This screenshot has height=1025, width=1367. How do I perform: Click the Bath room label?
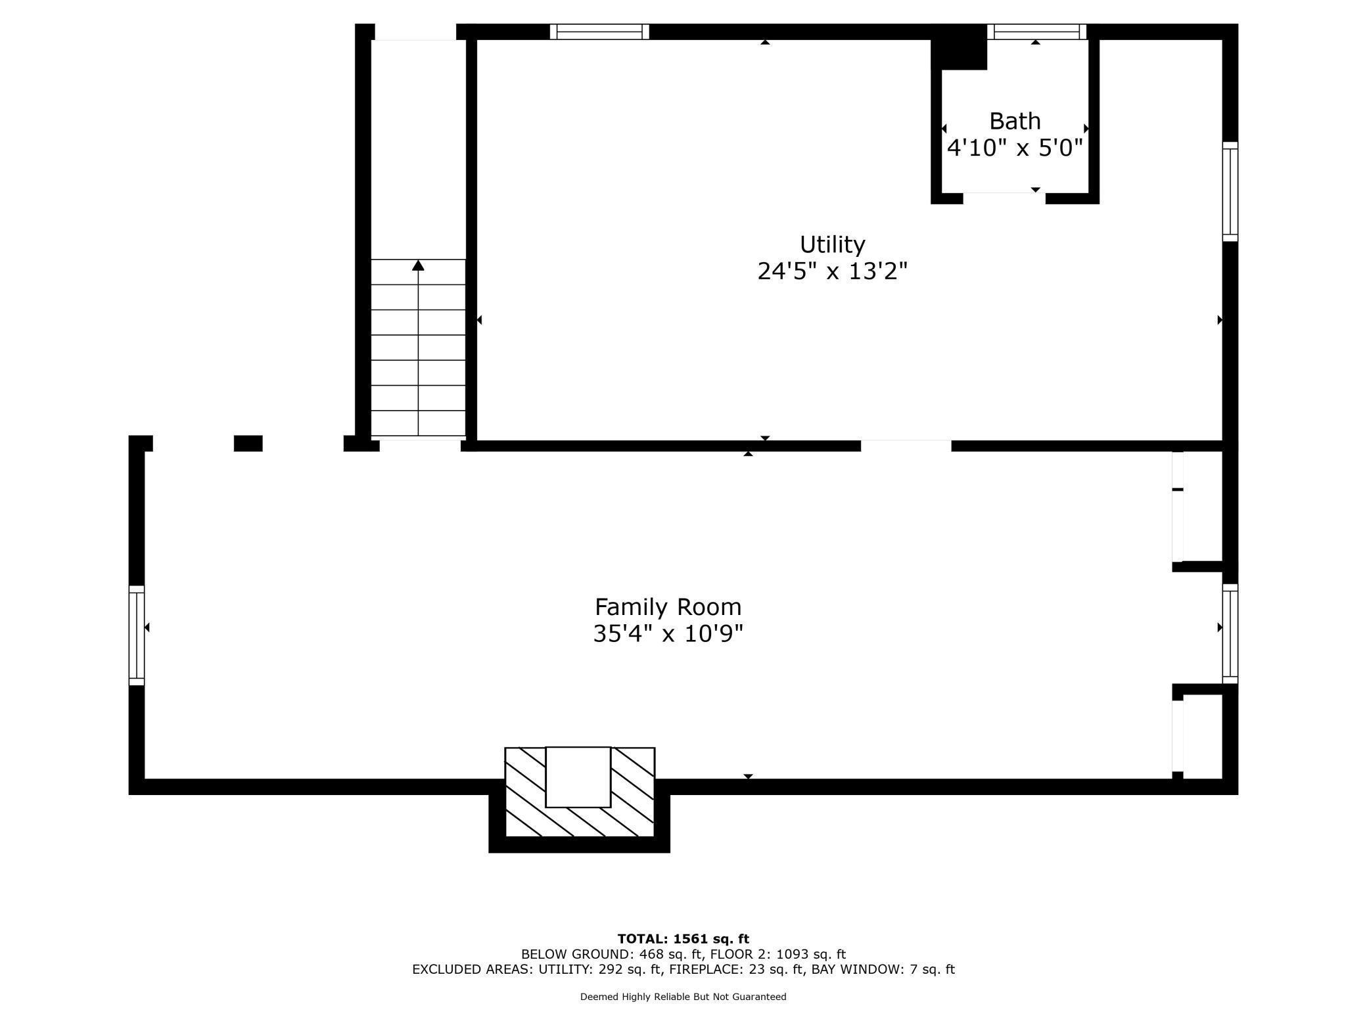[1015, 121]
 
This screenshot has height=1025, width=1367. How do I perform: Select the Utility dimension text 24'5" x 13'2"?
[832, 271]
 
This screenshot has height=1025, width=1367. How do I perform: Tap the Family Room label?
[668, 606]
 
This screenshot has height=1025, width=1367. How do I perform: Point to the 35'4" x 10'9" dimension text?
[668, 634]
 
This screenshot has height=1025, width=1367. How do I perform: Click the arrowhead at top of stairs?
[418, 265]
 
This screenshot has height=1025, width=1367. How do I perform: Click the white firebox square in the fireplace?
[578, 777]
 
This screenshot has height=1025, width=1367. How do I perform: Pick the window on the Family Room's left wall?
[136, 635]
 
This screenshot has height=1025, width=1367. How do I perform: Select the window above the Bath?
[1036, 32]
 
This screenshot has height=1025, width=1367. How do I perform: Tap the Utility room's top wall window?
[599, 32]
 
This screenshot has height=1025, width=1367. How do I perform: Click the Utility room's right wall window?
[1230, 191]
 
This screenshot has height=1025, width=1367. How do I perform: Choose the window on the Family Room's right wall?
[1230, 633]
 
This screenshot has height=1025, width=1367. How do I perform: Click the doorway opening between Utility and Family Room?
[906, 445]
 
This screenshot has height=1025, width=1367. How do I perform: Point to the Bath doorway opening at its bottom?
[1004, 197]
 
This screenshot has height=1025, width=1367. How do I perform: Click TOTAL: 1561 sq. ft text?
[683, 939]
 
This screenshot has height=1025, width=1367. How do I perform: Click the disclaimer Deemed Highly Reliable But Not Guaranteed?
[683, 997]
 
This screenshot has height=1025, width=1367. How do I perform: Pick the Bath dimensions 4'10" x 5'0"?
[1015, 148]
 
